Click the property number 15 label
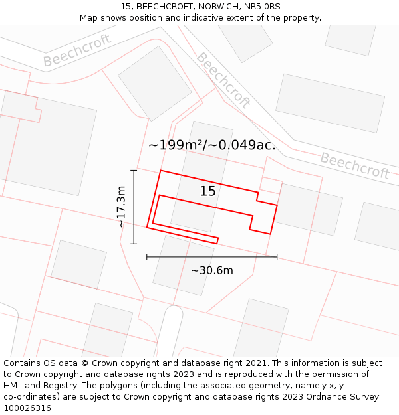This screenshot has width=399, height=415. click(x=207, y=191)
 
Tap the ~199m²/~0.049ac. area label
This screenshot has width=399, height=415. click(x=211, y=145)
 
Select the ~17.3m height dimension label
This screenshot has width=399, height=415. click(x=121, y=207)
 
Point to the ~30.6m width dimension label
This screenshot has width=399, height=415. click(x=212, y=270)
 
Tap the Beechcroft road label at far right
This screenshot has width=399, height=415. click(x=354, y=166)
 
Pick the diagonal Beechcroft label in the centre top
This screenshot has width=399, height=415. click(x=223, y=80)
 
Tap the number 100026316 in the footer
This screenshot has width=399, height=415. click(x=26, y=408)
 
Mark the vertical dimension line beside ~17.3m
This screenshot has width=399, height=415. click(x=134, y=207)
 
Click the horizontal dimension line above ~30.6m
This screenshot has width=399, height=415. click(x=211, y=256)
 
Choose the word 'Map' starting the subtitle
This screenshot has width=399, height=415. click(x=89, y=18)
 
